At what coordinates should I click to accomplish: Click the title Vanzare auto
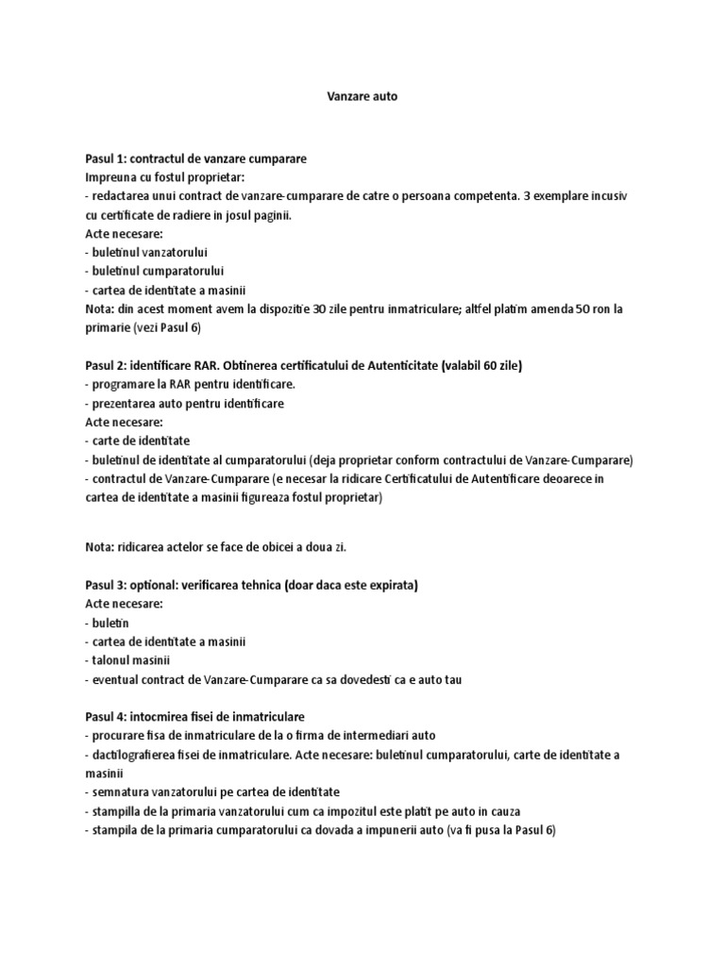click(x=349, y=96)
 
